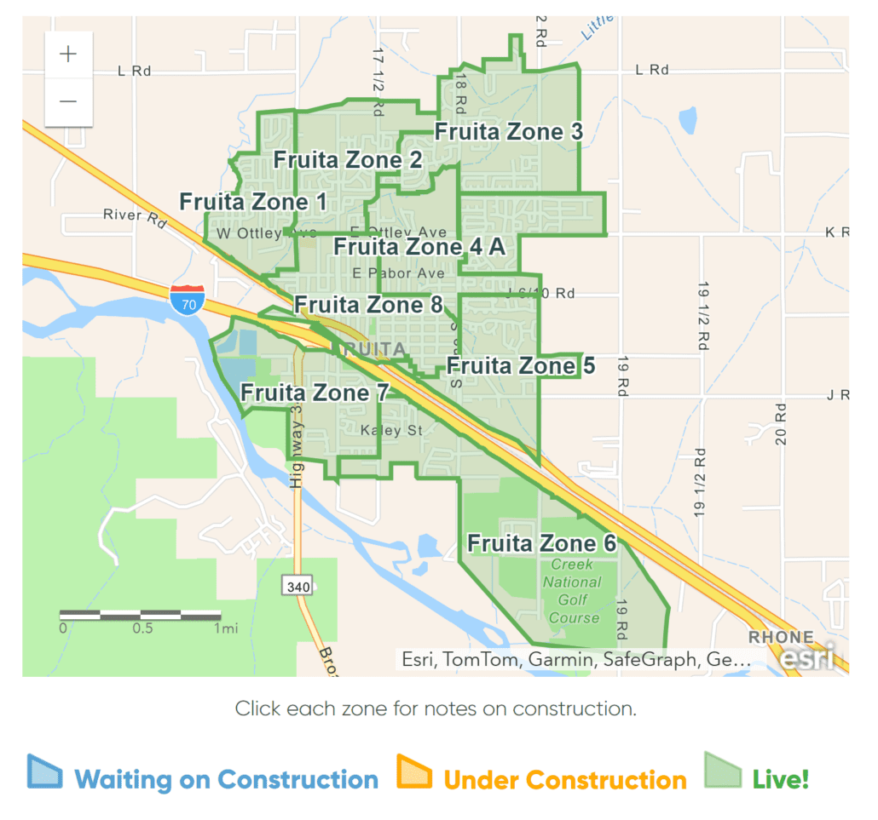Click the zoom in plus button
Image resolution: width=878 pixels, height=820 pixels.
pos(68,54)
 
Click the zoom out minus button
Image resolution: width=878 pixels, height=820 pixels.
pos(68,101)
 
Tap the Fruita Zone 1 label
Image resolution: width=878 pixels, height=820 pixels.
pos(253,202)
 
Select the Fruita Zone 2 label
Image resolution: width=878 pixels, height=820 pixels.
pos(347,160)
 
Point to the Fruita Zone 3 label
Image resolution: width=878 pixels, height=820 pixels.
pos(509,132)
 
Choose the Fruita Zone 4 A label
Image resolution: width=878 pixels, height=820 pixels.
pos(419,247)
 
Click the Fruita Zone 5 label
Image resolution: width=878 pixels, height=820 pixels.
pos(521,366)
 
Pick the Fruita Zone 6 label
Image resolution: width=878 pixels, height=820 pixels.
pos(541,543)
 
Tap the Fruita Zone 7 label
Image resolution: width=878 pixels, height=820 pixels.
pos(315,393)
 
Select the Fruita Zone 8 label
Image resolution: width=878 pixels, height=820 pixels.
pos(368,305)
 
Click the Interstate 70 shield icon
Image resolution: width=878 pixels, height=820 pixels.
pos(186,301)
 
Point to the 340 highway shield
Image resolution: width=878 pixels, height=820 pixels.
pos(297,586)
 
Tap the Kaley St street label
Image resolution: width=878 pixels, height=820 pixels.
pos(391,431)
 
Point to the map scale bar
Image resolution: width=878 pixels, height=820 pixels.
pos(140,615)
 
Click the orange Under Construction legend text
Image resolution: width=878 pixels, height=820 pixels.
pos(564,780)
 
